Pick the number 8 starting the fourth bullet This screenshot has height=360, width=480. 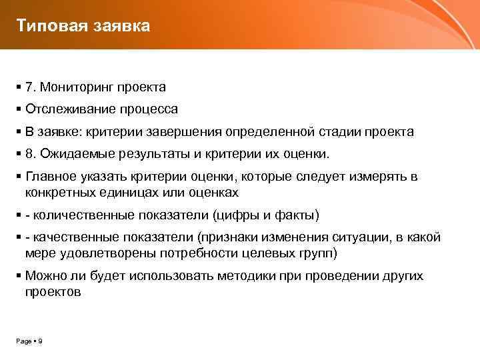coord(29,154)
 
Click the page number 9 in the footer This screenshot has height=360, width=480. coord(41,341)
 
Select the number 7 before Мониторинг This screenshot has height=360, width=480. coord(29,87)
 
